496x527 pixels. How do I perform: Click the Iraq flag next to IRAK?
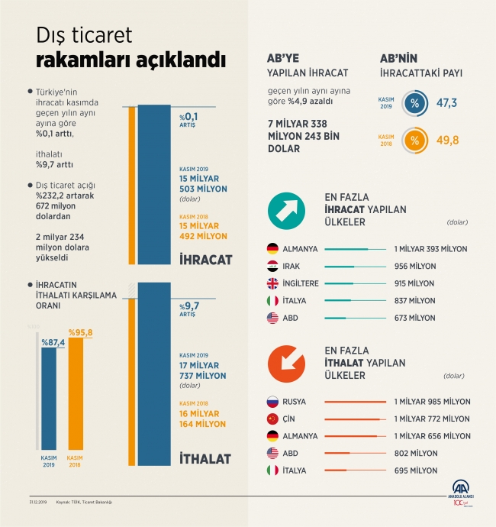[272, 266]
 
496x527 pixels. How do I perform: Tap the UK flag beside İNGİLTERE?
[272, 283]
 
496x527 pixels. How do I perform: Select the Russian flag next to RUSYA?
[272, 402]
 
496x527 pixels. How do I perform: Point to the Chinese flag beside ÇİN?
[272, 419]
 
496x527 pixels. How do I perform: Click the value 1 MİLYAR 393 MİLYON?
[430, 249]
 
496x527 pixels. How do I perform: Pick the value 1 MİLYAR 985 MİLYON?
[432, 402]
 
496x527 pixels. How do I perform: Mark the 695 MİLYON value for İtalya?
[416, 470]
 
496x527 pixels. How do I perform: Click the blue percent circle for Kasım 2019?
[415, 103]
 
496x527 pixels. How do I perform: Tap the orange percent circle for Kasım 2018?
[415, 141]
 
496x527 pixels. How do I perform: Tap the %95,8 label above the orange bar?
[80, 332]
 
